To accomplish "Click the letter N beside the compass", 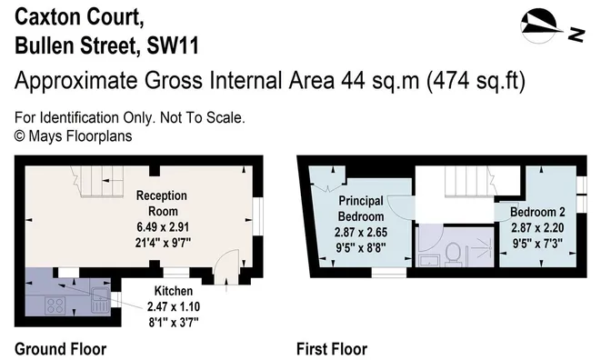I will [575, 35].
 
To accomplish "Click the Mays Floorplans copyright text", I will [74, 135].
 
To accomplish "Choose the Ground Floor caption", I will [61, 349].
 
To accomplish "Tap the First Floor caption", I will [332, 349].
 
